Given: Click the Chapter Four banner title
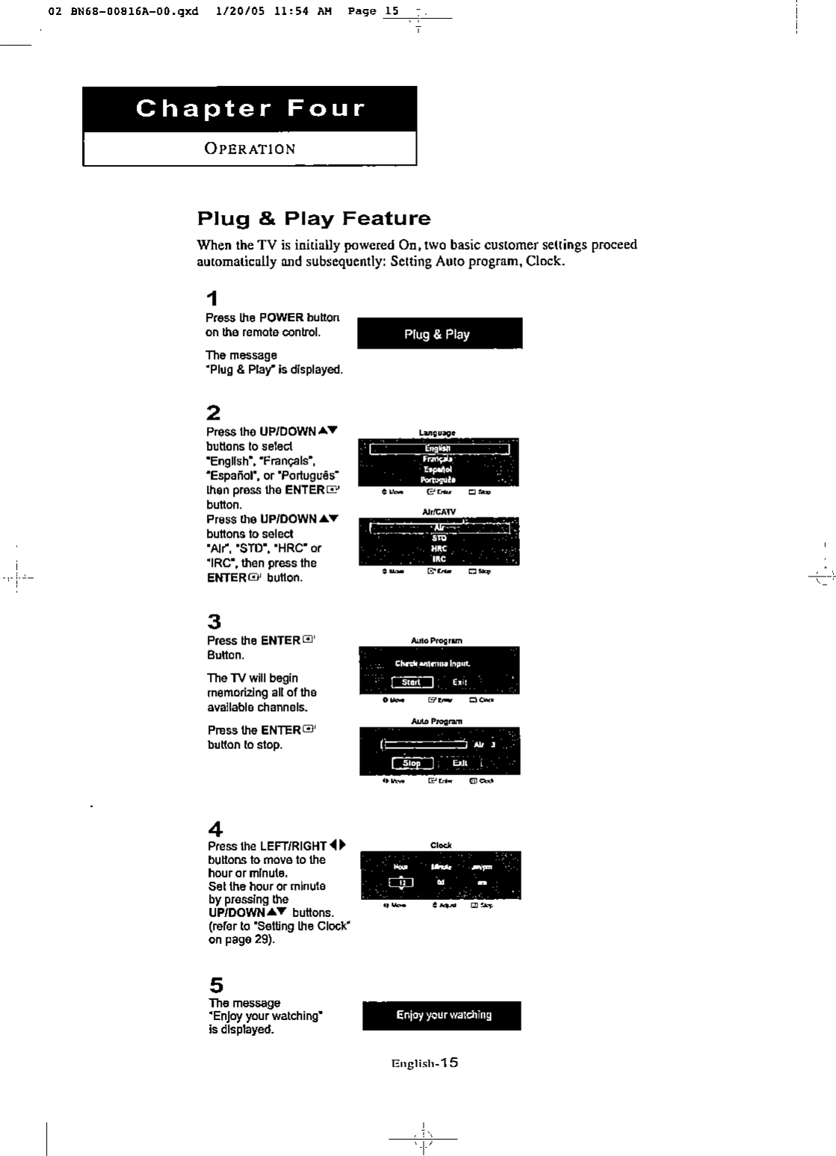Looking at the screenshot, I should (250, 109).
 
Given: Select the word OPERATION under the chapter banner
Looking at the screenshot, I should (250, 149).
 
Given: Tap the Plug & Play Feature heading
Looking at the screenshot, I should (314, 219).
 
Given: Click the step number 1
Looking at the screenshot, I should (213, 299).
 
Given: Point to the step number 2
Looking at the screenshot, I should (213, 413).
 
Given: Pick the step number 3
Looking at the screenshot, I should (214, 621).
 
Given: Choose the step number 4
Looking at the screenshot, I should (214, 829).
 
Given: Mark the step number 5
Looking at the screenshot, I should (215, 985).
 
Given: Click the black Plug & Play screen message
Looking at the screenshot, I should (439, 334).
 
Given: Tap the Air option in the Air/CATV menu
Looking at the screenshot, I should (439, 527).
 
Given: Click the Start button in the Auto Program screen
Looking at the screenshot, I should (412, 682).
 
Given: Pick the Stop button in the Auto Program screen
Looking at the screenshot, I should (412, 763).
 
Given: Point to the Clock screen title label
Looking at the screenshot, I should (441, 845).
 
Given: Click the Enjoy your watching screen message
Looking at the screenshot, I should (443, 1015).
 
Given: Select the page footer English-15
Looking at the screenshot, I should (424, 1063).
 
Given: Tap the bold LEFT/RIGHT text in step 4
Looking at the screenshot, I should (293, 846).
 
